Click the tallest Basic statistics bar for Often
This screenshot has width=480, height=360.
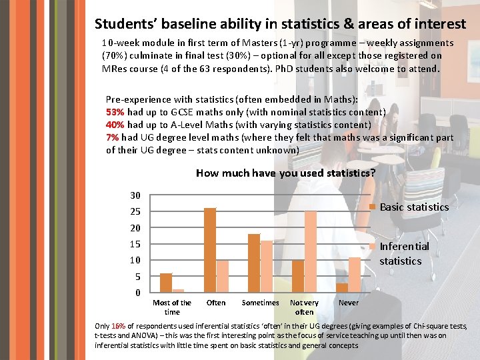[210, 250]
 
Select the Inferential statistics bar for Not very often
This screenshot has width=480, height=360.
[311, 252]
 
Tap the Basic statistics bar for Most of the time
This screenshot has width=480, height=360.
[166, 283]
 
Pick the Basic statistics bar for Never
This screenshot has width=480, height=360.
[342, 287]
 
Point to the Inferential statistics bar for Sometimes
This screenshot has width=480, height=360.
[267, 266]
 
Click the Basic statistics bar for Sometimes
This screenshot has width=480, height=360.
[254, 263]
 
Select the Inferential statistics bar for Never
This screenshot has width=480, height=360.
[355, 275]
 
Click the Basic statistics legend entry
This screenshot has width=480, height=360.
[413, 207]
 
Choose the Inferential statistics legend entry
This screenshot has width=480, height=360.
[404, 253]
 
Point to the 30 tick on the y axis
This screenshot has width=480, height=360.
[135, 195]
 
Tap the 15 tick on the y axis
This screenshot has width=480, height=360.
[135, 244]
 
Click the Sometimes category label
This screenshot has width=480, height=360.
[260, 303]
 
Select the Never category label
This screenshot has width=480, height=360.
[349, 303]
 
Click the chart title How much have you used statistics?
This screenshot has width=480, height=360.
[285, 173]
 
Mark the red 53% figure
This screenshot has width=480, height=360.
[115, 112]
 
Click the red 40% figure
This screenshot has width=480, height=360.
[115, 125]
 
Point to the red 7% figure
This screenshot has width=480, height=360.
[112, 137]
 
